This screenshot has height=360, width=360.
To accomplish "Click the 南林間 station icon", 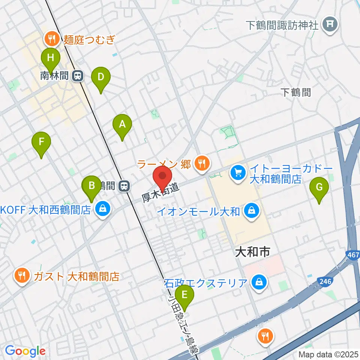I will point(78,76).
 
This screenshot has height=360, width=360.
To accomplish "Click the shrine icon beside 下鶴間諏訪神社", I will point(330,25).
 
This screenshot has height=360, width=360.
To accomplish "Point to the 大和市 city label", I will point(252,252).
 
